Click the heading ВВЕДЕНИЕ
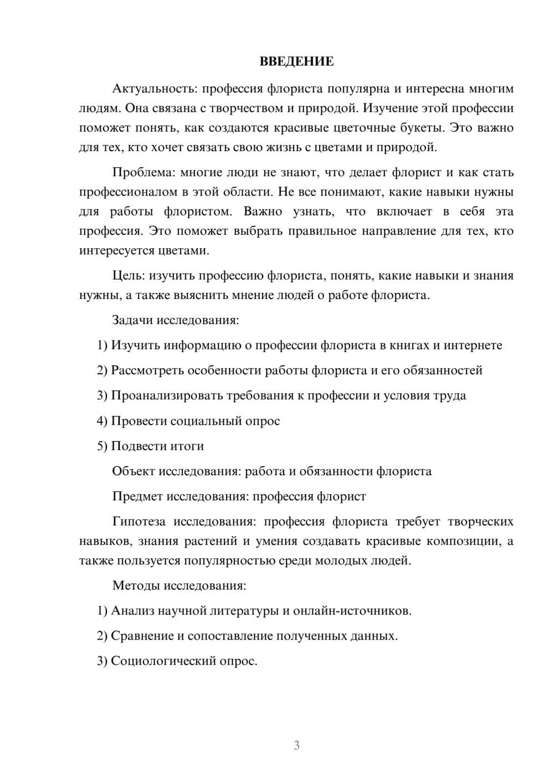[296, 61]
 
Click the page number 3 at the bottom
[296, 745]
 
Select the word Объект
[133, 471]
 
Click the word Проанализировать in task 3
[167, 395]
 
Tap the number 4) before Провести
[102, 421]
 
